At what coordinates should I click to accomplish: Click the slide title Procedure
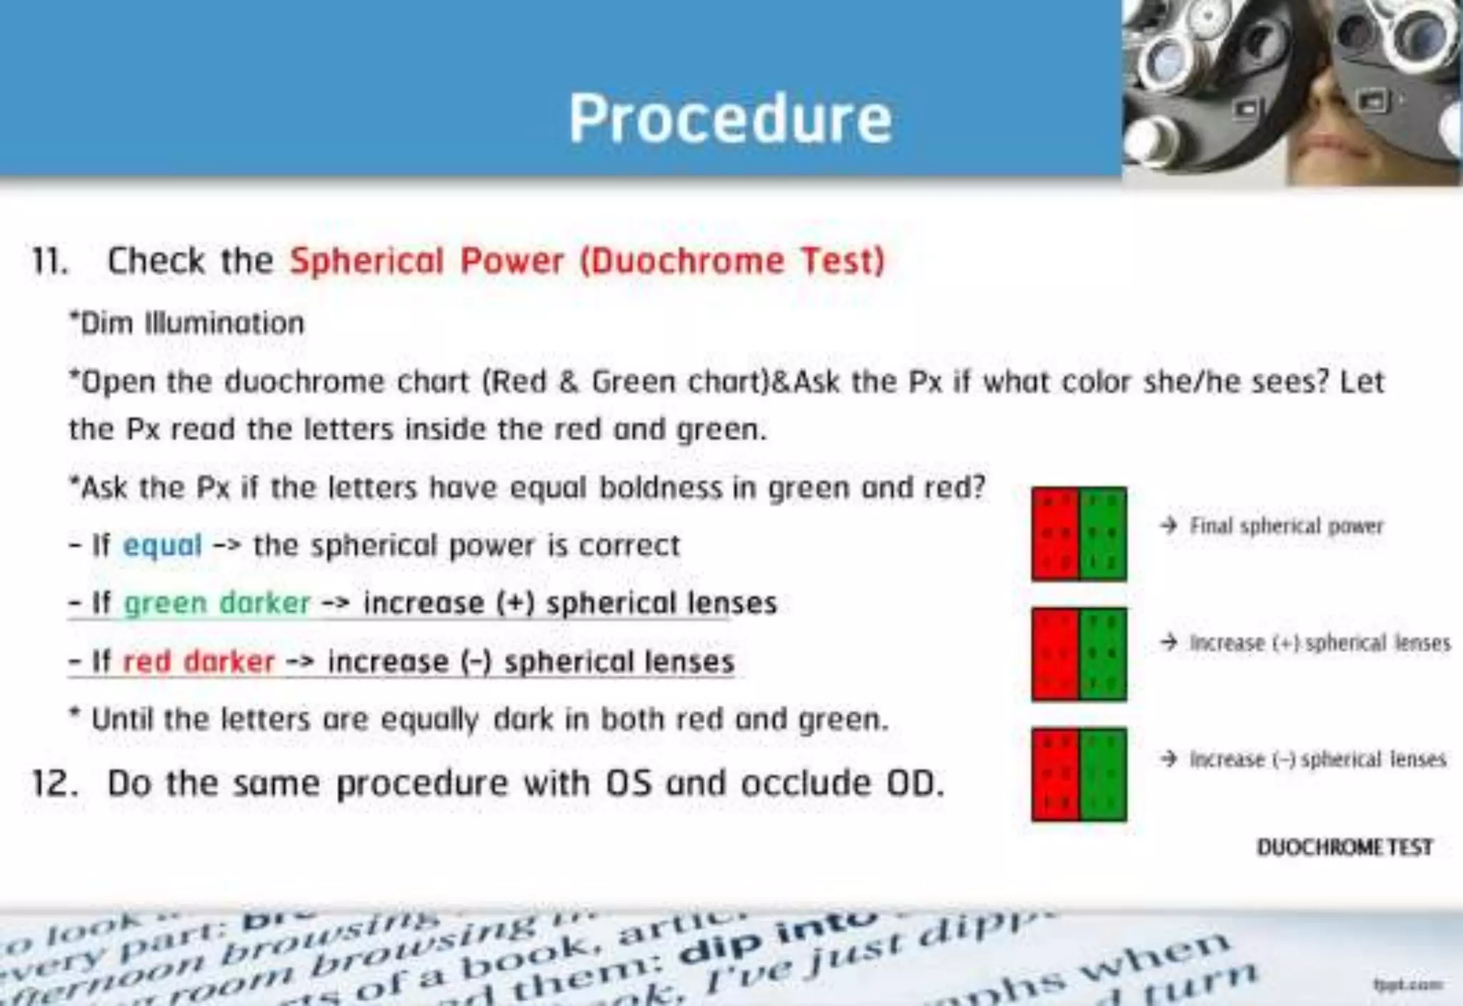(730, 119)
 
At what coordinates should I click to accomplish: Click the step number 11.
(50, 261)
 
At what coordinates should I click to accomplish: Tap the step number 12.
(54, 784)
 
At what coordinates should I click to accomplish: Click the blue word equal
(163, 546)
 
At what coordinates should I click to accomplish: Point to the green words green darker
(217, 604)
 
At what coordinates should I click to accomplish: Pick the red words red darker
(199, 662)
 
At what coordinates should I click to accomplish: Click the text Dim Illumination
(187, 323)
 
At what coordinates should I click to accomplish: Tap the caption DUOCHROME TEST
(1344, 847)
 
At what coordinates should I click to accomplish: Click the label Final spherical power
(1286, 527)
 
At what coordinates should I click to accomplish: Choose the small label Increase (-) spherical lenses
(1317, 760)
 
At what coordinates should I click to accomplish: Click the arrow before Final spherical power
(1169, 526)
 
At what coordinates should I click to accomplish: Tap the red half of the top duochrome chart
(1055, 534)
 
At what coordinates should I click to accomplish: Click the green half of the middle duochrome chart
(1103, 654)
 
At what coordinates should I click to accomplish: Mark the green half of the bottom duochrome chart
(1103, 775)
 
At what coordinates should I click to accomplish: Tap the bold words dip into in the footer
(779, 941)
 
